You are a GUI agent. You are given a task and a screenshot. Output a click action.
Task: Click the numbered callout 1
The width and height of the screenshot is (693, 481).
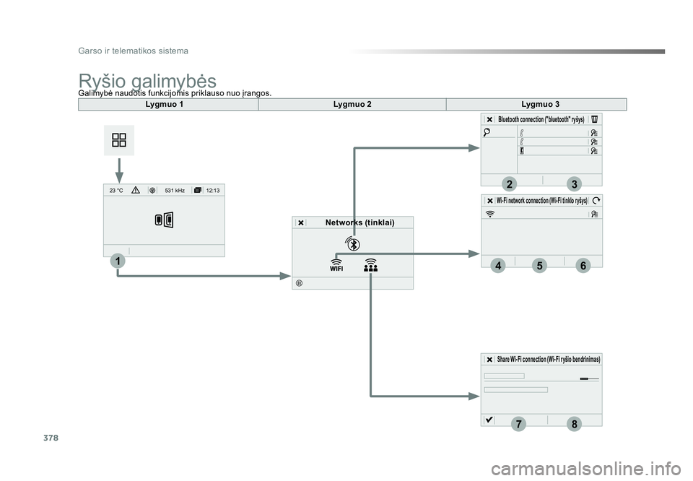118,261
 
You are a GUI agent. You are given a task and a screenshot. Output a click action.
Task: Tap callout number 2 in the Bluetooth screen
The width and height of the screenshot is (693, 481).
509,184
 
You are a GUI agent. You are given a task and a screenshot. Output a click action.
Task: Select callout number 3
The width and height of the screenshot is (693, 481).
574,184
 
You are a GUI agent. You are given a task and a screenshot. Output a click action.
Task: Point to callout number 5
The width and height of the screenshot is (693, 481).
539,265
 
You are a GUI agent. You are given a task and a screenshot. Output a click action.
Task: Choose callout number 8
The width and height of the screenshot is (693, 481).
574,424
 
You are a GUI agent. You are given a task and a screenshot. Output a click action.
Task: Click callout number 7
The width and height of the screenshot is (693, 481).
518,424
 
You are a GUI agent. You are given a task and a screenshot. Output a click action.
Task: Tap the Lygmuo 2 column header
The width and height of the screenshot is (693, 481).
352,104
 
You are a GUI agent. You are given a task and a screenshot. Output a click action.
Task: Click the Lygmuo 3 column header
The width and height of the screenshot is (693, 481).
540,104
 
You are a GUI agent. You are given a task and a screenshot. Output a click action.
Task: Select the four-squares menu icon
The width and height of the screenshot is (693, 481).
119,140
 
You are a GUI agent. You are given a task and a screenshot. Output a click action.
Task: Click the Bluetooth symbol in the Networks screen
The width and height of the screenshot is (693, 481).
353,243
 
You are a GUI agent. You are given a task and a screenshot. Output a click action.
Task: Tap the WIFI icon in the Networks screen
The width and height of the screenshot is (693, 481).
336,265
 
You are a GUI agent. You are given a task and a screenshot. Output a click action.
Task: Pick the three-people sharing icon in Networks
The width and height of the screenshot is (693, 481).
371,265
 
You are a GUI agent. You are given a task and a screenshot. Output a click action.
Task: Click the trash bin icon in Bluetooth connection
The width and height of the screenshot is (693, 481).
595,119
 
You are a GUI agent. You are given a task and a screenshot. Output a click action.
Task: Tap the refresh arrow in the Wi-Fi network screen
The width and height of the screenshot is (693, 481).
596,200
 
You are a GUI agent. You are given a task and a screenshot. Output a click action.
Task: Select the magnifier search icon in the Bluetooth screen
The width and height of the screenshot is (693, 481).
487,131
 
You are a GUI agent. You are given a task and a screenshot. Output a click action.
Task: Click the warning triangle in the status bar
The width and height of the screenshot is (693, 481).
136,190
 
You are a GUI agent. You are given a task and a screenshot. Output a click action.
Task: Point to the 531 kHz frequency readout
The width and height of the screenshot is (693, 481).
175,191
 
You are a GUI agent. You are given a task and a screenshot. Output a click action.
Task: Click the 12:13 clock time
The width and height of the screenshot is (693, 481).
212,191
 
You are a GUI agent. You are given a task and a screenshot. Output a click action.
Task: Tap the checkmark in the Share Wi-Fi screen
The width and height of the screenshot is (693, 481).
489,420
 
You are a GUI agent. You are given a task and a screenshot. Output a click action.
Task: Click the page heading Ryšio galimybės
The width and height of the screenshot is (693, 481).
147,81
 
